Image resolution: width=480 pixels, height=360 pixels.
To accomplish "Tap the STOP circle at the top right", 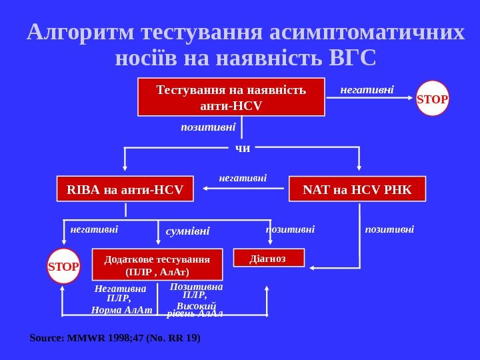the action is [433, 99].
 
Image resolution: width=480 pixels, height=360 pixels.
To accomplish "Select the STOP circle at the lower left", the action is [63, 266].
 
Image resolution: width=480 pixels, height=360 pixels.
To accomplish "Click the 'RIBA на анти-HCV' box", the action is [125, 189].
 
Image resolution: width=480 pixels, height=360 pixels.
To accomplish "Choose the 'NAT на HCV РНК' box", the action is [357, 189].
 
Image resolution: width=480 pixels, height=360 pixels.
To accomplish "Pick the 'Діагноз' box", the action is [268, 257].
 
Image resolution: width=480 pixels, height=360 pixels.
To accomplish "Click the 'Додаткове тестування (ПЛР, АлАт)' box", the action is [157, 265].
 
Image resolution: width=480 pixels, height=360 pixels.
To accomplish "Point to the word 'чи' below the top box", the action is [243, 148].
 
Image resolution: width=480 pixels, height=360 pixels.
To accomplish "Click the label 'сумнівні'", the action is [187, 231].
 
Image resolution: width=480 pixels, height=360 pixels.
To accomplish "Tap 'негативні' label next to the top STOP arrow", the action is [367, 88].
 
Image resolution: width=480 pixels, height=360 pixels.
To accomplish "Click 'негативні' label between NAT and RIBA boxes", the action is [243, 178].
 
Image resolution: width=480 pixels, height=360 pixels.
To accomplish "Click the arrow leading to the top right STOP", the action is [370, 98].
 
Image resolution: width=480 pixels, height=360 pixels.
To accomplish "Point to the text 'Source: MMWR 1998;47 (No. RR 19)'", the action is [115, 338].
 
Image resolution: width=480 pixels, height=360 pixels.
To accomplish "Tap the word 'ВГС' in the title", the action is [353, 58].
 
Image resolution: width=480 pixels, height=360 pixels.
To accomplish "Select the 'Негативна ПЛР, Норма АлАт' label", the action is [121, 299].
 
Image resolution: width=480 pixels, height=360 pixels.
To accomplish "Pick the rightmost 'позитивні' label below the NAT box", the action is [389, 229].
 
